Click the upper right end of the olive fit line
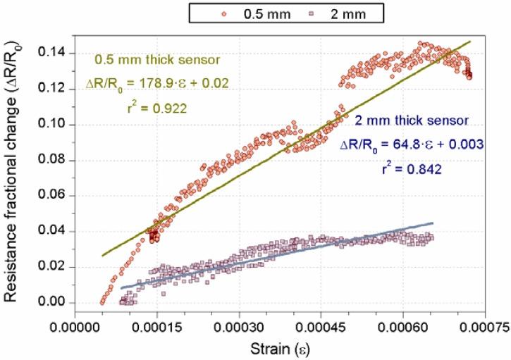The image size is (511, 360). (469, 42)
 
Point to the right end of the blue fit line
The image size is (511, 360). (433, 223)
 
